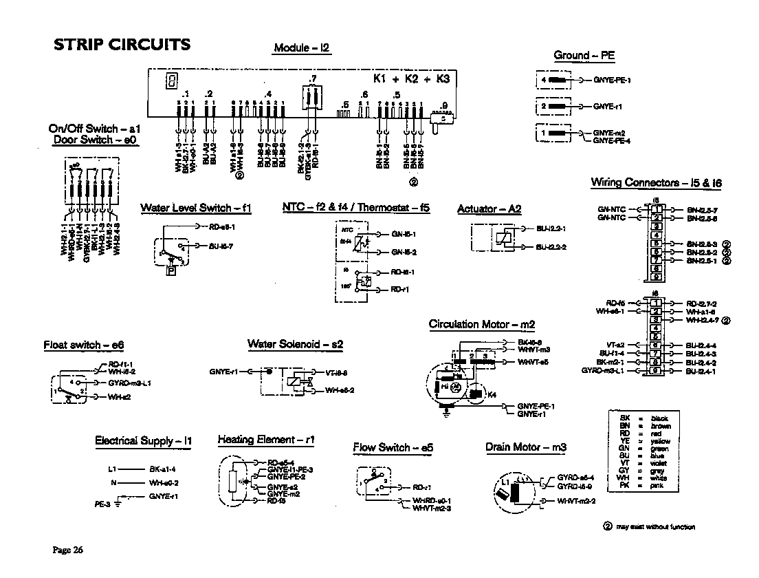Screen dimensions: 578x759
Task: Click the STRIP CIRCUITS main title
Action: pyautogui.click(x=122, y=45)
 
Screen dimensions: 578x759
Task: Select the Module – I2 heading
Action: pyautogui.click(x=302, y=48)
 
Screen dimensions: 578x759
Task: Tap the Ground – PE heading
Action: pyautogui.click(x=584, y=55)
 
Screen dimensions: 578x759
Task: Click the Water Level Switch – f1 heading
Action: pyautogui.click(x=196, y=208)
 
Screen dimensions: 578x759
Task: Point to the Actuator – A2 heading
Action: pyautogui.click(x=489, y=209)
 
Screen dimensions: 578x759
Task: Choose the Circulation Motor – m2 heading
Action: pyautogui.click(x=481, y=324)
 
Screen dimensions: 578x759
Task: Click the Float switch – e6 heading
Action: pyautogui.click(x=83, y=345)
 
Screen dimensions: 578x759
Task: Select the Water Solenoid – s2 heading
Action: pyautogui.click(x=295, y=343)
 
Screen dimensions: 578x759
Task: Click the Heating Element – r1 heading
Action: pyautogui.click(x=266, y=440)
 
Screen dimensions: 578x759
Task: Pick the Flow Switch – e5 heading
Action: pyautogui.click(x=393, y=447)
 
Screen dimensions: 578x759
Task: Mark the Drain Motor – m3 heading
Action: pyautogui.click(x=526, y=447)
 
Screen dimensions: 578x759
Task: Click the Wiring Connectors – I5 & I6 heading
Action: pyautogui.click(x=656, y=182)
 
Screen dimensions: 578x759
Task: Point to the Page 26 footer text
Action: pyautogui.click(x=68, y=549)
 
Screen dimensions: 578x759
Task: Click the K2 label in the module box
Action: pyautogui.click(x=412, y=79)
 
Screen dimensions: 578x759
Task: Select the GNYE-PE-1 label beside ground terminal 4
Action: pyautogui.click(x=612, y=81)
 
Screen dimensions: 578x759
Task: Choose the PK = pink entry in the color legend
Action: pyautogui.click(x=644, y=486)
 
